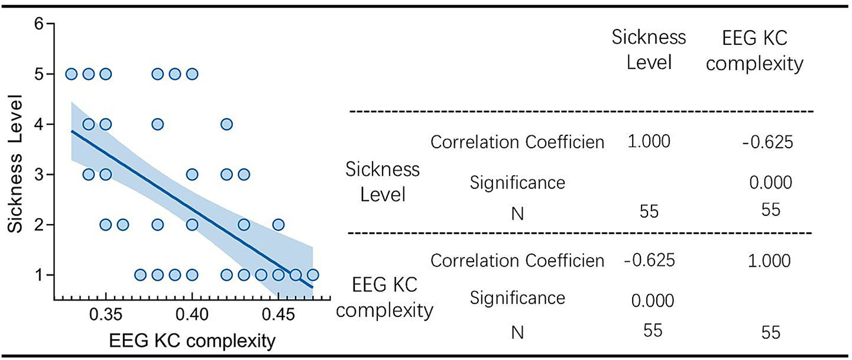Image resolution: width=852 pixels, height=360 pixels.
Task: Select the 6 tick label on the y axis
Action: click(40, 24)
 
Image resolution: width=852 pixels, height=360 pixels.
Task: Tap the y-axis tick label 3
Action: click(40, 175)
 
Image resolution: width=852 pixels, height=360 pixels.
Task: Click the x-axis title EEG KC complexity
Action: click(192, 341)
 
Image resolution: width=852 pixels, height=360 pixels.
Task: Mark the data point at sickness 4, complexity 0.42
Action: click(226, 124)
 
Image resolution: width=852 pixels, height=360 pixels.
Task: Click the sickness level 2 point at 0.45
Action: click(278, 225)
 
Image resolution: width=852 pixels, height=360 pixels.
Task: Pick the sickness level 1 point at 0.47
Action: click(313, 275)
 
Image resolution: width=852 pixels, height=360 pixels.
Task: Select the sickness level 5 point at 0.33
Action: click(72, 74)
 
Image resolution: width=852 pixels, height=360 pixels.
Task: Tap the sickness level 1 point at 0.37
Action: click(140, 275)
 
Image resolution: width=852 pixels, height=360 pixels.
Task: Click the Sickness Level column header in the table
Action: click(649, 49)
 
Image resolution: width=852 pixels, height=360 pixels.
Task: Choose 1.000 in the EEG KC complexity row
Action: click(769, 261)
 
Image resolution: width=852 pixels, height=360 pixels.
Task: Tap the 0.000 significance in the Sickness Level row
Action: click(769, 183)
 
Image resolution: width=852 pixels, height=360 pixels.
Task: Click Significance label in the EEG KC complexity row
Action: click(517, 298)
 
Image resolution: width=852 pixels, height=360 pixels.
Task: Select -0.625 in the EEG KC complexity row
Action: click(649, 261)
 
